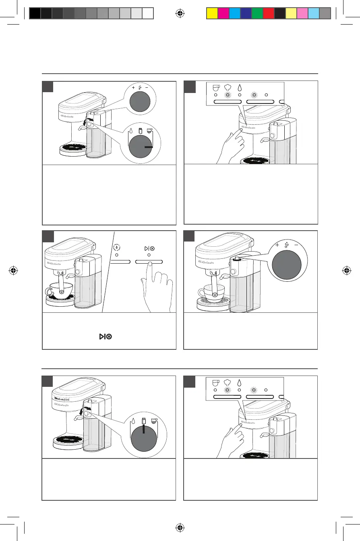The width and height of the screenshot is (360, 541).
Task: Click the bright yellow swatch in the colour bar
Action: [212, 14]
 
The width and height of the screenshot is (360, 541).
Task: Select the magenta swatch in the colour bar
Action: [223, 14]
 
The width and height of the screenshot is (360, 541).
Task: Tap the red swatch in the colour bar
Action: [268, 14]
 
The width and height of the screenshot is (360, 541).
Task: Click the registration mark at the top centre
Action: [180, 13]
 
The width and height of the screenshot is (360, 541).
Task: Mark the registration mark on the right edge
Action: [346, 270]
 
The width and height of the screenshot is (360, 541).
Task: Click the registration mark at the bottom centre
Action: [180, 528]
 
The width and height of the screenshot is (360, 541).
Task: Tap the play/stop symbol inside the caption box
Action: [103, 336]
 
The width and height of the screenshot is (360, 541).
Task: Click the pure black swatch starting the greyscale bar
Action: [35, 14]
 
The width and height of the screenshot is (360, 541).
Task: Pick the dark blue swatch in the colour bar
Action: [246, 14]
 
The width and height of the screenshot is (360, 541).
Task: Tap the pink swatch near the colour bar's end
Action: [302, 14]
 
